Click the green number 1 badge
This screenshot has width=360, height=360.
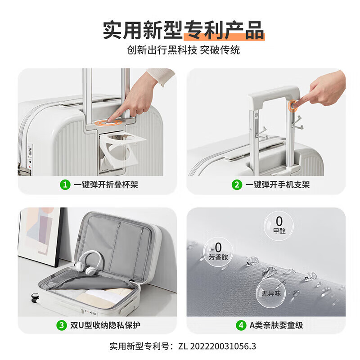pyautogui.click(x=65, y=184)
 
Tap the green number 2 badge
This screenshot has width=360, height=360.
pyautogui.click(x=237, y=184)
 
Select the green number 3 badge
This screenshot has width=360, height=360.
pyautogui.click(x=62, y=325)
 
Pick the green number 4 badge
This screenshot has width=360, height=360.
pyautogui.click(x=241, y=325)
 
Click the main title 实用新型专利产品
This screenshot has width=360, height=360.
pyautogui.click(x=184, y=30)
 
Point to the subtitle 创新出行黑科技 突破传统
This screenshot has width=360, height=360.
pyautogui.click(x=184, y=50)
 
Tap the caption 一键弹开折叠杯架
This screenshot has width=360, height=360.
pyautogui.click(x=106, y=184)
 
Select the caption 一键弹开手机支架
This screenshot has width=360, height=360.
pyautogui.click(x=278, y=184)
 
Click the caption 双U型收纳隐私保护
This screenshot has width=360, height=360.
pyautogui.click(x=105, y=325)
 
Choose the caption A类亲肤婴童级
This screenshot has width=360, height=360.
pyautogui.click(x=276, y=325)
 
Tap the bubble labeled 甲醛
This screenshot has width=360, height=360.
pyautogui.click(x=279, y=226)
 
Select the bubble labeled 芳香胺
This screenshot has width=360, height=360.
pyautogui.click(x=218, y=252)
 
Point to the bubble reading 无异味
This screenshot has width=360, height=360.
pyautogui.click(x=271, y=293)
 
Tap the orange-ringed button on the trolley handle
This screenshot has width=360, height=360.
pyautogui.click(x=293, y=106)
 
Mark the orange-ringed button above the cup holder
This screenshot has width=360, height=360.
pyautogui.click(x=108, y=123)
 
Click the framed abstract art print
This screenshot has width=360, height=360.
pyautogui.click(x=40, y=237)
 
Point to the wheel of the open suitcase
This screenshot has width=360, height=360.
pyautogui.click(x=35, y=297)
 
